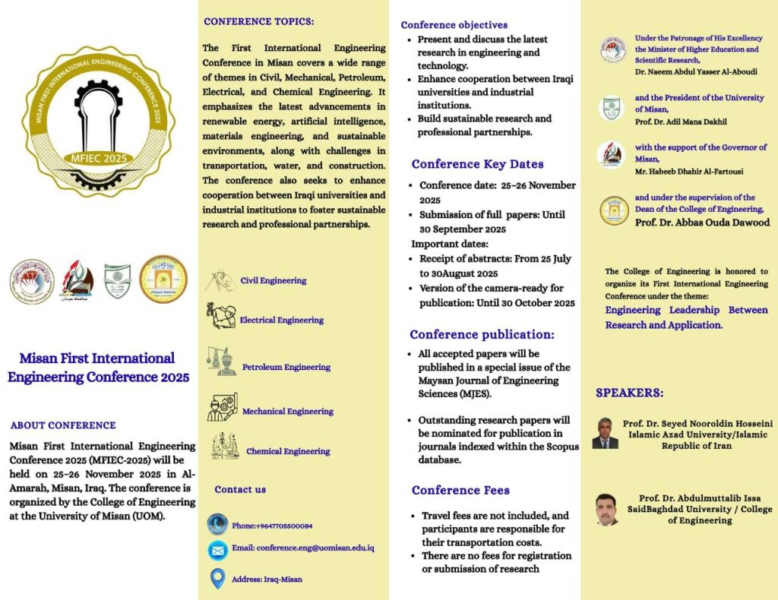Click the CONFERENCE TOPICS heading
point(258,21)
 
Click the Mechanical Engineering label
point(287,411)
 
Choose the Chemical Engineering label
point(287,451)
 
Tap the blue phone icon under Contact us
point(218,524)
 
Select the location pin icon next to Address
point(218,578)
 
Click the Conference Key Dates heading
point(477,164)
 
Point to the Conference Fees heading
point(460,490)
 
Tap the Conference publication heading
point(482,334)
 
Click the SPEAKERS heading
point(629,393)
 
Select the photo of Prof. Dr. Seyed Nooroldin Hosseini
point(605,433)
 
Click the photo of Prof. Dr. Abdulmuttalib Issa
point(606,510)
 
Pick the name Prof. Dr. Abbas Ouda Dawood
point(702,223)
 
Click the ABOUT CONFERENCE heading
point(63,425)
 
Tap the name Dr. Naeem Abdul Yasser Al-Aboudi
point(696,71)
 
